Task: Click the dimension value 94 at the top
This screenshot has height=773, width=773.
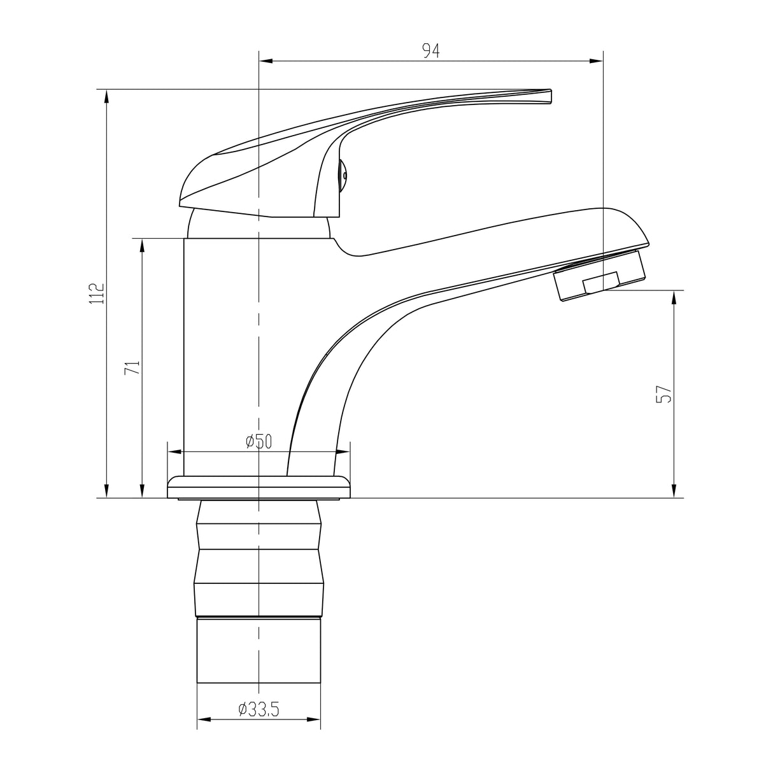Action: click(431, 51)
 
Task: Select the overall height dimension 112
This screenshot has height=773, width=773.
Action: click(97, 294)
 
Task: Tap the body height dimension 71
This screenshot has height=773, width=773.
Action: click(132, 367)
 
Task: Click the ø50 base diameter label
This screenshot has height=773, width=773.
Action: click(259, 441)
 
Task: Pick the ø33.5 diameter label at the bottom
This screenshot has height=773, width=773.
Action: click(259, 709)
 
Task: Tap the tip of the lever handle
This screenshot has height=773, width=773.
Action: click(549, 96)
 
